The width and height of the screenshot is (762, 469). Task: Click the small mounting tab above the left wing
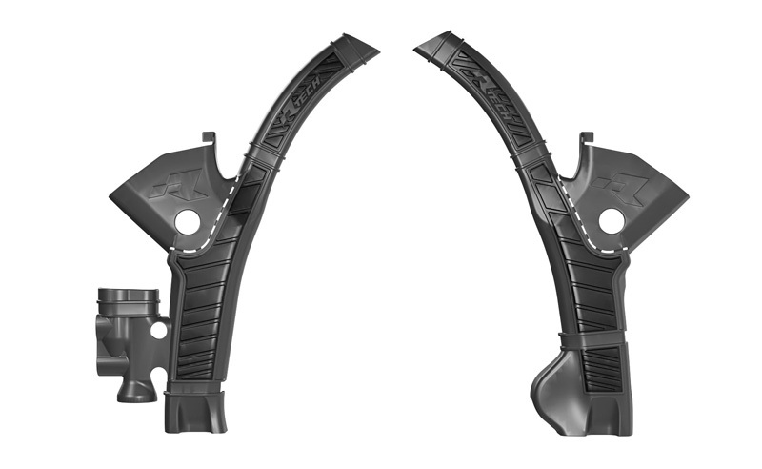(210, 140)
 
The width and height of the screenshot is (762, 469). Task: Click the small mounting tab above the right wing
(588, 140)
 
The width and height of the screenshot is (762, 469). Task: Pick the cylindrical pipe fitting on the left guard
(129, 305)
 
